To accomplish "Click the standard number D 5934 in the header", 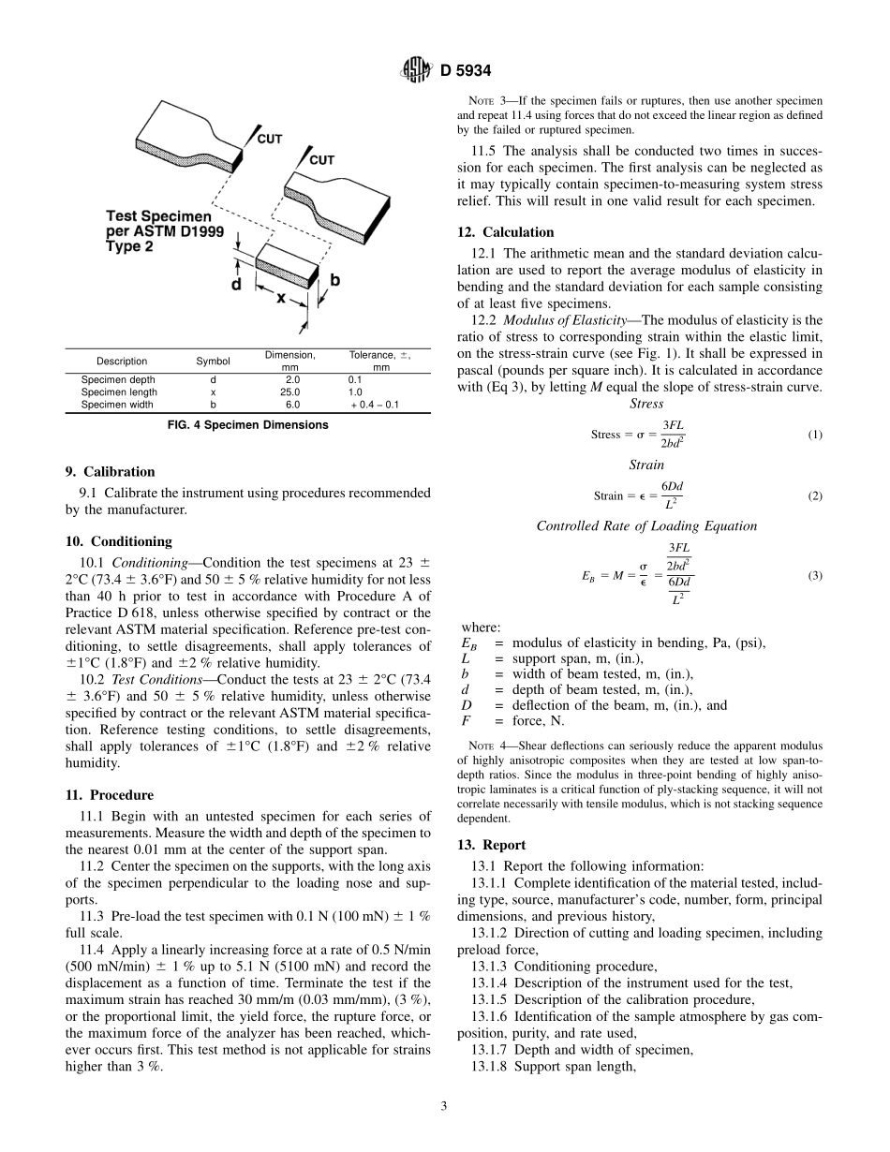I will pyautogui.click(x=466, y=69).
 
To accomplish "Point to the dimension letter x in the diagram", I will pyautogui.click(x=280, y=297).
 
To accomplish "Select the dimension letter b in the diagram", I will pyautogui.click(x=334, y=280).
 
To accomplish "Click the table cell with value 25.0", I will pyautogui.click(x=292, y=392).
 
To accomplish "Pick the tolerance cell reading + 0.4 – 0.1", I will pyautogui.click(x=373, y=405).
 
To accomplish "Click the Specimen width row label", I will pyautogui.click(x=119, y=405).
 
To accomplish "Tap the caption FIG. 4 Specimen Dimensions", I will pyautogui.click(x=247, y=425).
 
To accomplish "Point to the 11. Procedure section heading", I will pyautogui.click(x=110, y=795).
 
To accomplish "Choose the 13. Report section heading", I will pyautogui.click(x=492, y=845).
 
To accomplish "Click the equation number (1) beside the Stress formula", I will pyautogui.click(x=814, y=435).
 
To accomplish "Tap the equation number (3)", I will pyautogui.click(x=814, y=575).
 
